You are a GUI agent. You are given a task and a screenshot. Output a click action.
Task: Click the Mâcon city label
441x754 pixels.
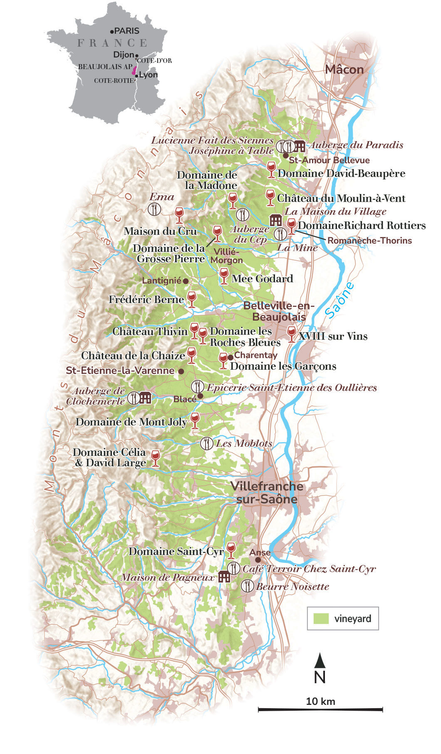[x=344, y=70]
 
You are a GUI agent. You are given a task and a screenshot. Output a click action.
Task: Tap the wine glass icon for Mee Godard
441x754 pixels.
[x=224, y=276]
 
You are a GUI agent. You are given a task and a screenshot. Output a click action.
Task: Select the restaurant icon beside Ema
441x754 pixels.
[x=154, y=209]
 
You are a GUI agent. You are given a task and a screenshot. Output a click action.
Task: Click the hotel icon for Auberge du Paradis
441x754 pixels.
[x=300, y=146]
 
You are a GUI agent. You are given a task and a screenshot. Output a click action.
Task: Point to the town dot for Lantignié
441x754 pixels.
[x=186, y=281]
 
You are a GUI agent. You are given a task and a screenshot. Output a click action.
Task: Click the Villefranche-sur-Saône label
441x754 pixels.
[x=267, y=493]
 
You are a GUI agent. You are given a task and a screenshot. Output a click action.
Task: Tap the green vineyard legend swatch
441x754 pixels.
[x=321, y=618]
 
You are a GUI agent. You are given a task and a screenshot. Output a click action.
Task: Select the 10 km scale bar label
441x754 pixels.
[x=320, y=701]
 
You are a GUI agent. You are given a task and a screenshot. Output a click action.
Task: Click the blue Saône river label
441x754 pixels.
[x=340, y=300]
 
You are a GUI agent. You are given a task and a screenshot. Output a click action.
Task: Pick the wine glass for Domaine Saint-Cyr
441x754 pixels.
[x=230, y=550]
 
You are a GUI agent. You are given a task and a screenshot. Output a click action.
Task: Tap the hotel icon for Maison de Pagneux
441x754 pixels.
[x=224, y=576]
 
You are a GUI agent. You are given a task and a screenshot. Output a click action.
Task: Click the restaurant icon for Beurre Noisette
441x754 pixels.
[x=247, y=586]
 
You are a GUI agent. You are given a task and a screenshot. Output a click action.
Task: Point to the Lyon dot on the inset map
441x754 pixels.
[x=136, y=76]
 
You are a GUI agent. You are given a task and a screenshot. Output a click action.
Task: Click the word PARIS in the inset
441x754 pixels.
[x=127, y=31]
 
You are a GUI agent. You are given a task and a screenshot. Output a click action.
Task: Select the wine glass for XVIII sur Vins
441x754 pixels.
[x=292, y=334]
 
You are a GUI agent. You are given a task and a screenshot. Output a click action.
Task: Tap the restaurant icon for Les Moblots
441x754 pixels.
[x=207, y=443]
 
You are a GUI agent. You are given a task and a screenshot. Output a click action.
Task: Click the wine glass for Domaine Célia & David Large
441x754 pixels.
[x=155, y=458]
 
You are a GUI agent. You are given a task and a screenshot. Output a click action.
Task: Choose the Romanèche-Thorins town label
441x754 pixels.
[x=369, y=241]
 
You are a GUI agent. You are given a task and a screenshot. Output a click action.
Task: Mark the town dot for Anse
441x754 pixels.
[x=258, y=560]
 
